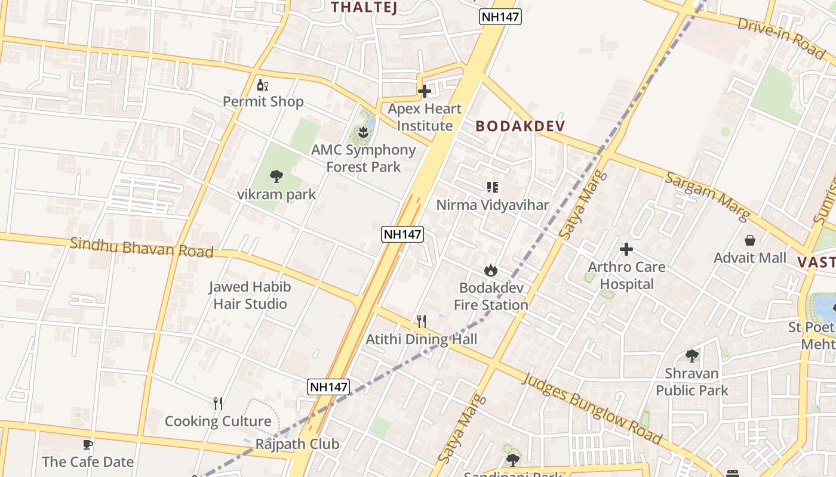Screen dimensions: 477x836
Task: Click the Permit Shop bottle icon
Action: [x=263, y=85]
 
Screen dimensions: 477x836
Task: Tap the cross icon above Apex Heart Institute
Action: [x=425, y=92]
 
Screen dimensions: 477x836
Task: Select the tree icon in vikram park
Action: [x=276, y=176]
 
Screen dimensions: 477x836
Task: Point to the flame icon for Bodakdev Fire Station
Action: [x=491, y=271]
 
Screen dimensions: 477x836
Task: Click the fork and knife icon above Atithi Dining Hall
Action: [x=422, y=322]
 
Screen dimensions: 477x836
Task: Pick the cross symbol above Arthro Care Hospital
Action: [x=626, y=249]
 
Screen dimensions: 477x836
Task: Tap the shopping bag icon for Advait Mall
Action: [x=750, y=241]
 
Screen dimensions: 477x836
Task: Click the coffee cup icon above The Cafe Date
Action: [x=88, y=444]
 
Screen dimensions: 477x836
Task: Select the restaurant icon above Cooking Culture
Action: [x=218, y=404]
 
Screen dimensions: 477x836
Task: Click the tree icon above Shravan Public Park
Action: [x=692, y=356]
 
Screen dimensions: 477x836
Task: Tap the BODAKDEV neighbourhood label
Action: [x=520, y=126]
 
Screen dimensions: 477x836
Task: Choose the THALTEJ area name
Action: [x=364, y=7]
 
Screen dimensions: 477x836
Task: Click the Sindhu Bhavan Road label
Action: [x=142, y=247]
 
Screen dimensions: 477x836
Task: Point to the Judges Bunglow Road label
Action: [x=594, y=408]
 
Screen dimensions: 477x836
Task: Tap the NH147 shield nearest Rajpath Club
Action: [x=328, y=386]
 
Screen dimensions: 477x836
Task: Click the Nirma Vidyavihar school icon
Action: [x=493, y=188]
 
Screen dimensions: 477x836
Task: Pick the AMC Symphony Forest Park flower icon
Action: [x=362, y=131]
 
